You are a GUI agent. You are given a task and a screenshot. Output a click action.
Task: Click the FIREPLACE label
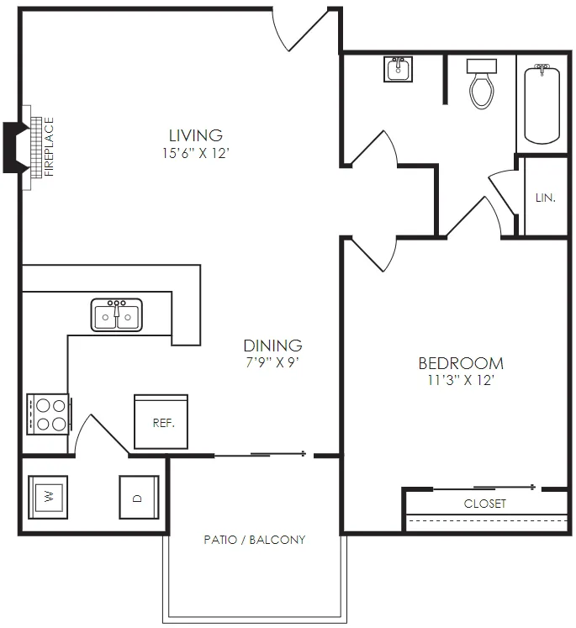click(49, 146)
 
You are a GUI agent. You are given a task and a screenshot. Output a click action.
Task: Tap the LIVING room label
click(195, 135)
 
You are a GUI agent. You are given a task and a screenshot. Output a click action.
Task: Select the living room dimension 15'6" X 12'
click(195, 153)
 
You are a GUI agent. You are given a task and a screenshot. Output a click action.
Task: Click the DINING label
click(272, 346)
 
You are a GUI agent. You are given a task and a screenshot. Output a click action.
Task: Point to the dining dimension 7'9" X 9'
click(272, 362)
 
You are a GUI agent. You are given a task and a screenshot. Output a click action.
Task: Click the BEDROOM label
click(461, 363)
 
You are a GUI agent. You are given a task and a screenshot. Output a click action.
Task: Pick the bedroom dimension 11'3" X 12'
click(461, 380)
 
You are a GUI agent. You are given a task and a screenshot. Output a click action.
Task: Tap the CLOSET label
click(484, 504)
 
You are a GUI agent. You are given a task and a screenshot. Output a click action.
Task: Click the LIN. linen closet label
click(546, 198)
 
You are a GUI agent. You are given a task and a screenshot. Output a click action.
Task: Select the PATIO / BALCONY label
click(254, 540)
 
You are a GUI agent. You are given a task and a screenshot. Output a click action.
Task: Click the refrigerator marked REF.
click(161, 422)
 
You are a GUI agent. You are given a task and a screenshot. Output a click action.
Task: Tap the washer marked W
click(48, 497)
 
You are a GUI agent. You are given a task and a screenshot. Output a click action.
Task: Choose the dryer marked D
click(139, 497)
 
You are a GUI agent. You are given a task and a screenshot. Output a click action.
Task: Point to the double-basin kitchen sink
click(117, 314)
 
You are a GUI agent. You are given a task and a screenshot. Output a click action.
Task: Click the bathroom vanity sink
click(398, 69)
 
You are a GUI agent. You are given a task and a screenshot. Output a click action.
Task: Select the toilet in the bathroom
click(482, 84)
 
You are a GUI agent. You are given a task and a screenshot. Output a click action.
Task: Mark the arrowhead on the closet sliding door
click(533, 488)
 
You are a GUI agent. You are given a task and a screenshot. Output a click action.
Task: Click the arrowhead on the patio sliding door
click(304, 454)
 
